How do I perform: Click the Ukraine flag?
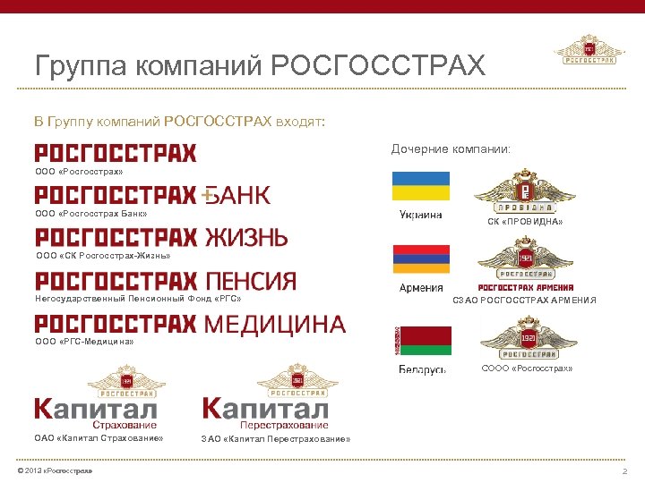pos(420,186)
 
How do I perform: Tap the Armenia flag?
pos(420,259)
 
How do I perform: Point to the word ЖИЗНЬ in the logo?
pos(246,238)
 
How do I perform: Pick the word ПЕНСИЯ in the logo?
pos(251,282)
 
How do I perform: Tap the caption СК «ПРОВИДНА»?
pos(526,222)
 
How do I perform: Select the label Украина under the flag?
pos(420,214)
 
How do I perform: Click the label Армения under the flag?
pos(420,287)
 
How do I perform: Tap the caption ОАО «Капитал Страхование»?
pos(99,438)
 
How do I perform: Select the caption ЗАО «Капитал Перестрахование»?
pos(275,439)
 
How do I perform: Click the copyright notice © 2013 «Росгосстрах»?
pos(55,470)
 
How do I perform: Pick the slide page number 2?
pos(624,470)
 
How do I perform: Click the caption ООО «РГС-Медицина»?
pos(84,342)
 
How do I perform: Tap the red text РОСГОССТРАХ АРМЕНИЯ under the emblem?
pos(527,288)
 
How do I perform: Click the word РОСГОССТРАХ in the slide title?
pos(376,65)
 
